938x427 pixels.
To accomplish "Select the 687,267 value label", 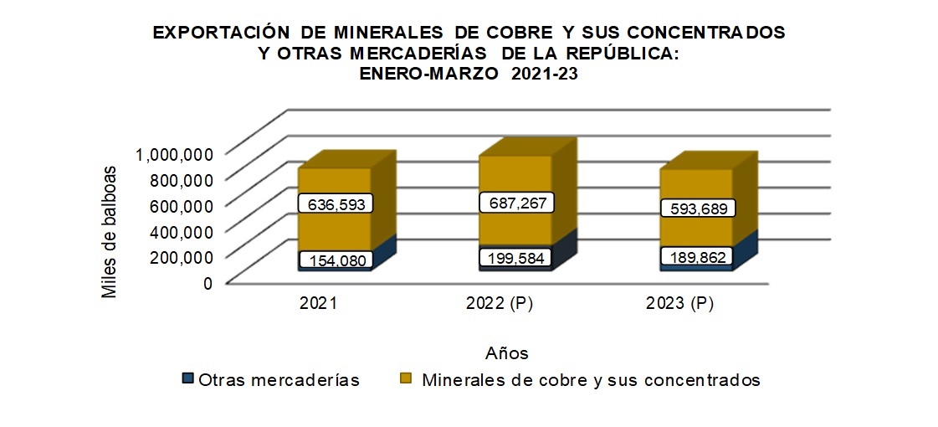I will point(515,203).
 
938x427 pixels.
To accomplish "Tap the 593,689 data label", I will point(697,208).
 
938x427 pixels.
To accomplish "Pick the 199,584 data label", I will point(515,258).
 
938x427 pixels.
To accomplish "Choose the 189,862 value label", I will point(698,256).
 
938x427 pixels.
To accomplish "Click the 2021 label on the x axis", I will point(318,305).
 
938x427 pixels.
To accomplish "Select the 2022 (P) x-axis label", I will point(499,305).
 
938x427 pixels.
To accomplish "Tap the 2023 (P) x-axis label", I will point(679,305).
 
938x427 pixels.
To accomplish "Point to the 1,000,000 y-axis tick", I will point(174,153).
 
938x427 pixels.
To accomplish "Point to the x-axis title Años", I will point(506,352).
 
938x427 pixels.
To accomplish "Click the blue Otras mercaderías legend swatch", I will point(187,379).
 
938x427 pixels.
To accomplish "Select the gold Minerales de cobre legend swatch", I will point(407,379).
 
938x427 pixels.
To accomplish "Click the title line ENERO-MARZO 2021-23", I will point(469,73).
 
